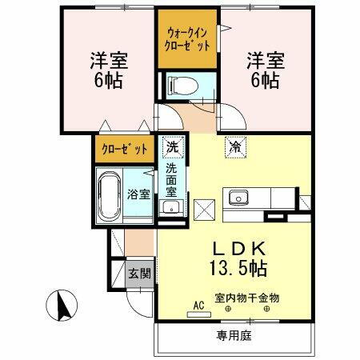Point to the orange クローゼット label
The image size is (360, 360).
[124, 149]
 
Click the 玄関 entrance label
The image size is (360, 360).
[139, 273]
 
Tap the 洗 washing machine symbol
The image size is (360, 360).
[171, 147]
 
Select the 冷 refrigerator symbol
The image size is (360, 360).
[235, 147]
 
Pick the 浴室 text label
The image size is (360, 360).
[139, 194]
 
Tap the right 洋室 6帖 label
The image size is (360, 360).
[263, 68]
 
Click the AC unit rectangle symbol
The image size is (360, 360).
[198, 314]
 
